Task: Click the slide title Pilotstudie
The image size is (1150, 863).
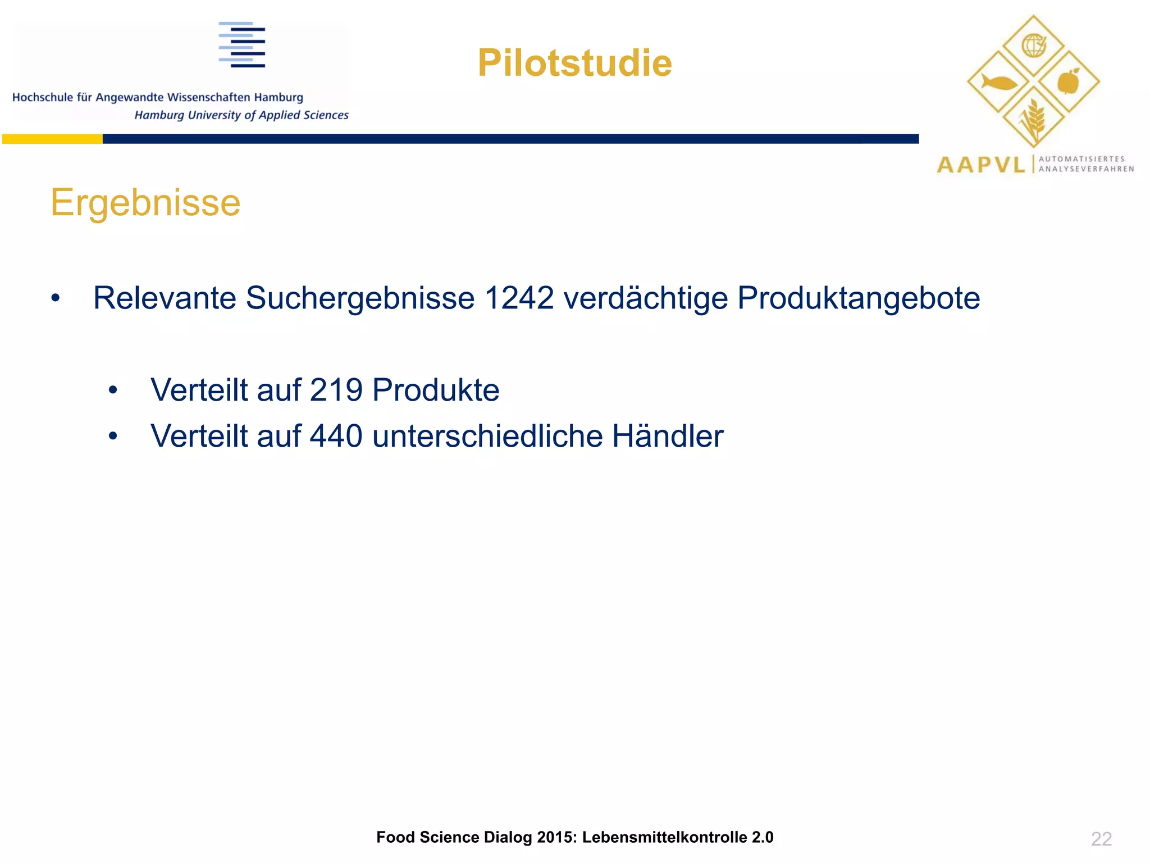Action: pyautogui.click(x=574, y=63)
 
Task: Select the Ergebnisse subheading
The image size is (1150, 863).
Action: pyautogui.click(x=145, y=202)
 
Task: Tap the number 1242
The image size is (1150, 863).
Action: pyautogui.click(x=519, y=298)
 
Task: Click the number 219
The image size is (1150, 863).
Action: pyautogui.click(x=336, y=390)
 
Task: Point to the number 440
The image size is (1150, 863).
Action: pyautogui.click(x=336, y=436)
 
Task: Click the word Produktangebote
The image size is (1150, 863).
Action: pyautogui.click(x=859, y=298)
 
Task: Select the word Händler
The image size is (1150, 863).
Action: pyautogui.click(x=668, y=436)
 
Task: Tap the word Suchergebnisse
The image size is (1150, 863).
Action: pyautogui.click(x=360, y=299)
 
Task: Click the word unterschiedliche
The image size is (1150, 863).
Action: pyautogui.click(x=487, y=436)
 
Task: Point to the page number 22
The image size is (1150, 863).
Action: pyautogui.click(x=1101, y=839)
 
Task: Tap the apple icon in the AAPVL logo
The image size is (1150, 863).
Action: pyautogui.click(x=1069, y=82)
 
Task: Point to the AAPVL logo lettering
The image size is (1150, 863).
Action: pyautogui.click(x=981, y=165)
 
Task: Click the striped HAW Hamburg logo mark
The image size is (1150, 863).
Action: pyautogui.click(x=242, y=45)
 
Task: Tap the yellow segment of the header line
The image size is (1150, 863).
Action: pyautogui.click(x=52, y=139)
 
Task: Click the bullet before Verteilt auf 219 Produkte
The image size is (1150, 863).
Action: pyautogui.click(x=113, y=390)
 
